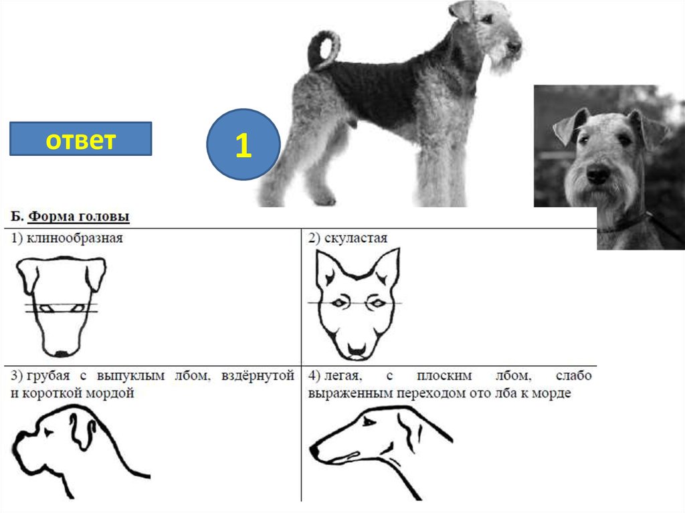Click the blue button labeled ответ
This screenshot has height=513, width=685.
(x=81, y=139)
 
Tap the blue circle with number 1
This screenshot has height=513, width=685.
(x=243, y=144)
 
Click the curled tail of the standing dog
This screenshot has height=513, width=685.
(x=324, y=49)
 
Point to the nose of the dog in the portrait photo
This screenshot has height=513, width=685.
(x=597, y=174)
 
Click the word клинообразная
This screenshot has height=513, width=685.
(x=75, y=238)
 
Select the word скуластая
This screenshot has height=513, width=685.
(x=356, y=238)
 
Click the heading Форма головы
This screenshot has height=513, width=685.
(x=79, y=216)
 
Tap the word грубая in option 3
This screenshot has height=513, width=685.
(x=48, y=376)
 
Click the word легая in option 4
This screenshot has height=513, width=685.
(x=343, y=376)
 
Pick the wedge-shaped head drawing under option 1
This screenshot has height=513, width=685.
(x=61, y=306)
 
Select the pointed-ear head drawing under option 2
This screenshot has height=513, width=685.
(x=357, y=304)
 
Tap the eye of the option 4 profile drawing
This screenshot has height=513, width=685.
(x=369, y=421)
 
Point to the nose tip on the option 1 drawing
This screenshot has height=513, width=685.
(x=61, y=353)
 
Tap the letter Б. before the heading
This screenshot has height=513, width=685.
(x=17, y=216)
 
